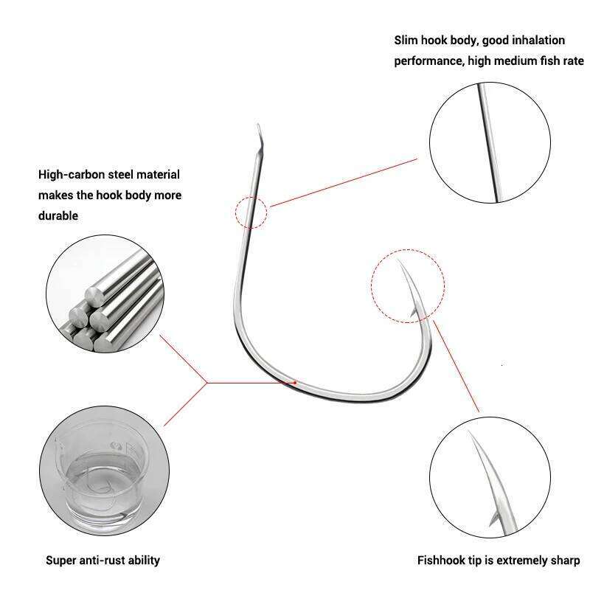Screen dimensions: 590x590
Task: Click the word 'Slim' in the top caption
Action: pos(407,40)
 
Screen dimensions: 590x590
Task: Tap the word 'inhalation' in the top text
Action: pos(539,40)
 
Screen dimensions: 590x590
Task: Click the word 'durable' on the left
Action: pos(58,216)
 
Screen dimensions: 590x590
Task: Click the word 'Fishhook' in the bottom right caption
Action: pos(442,560)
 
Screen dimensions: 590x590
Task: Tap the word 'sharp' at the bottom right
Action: pos(564,560)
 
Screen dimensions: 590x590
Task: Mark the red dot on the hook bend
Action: pos(296,382)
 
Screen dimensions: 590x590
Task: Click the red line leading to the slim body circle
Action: pos(343,182)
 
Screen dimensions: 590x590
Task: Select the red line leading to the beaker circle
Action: pos(184,403)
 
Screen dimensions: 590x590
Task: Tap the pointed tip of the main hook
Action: pos(396,260)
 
